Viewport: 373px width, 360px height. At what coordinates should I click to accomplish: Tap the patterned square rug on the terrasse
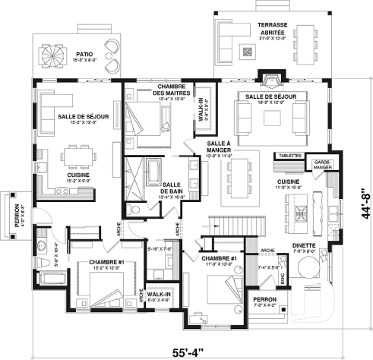248,52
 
